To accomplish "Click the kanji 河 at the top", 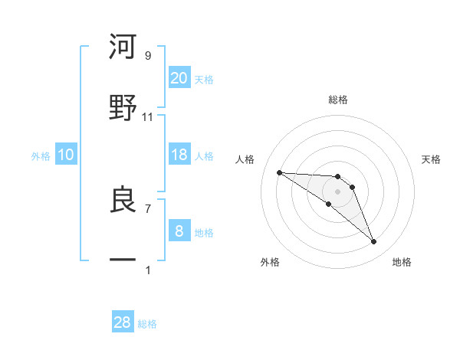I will click(123, 48).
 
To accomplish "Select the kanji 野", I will click(123, 108).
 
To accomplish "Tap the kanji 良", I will click(123, 201).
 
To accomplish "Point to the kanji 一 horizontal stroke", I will click(123, 260).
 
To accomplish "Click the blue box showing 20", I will click(179, 77).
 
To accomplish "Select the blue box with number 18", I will click(179, 155).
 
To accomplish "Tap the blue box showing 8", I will click(179, 231).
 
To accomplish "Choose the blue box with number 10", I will click(66, 155).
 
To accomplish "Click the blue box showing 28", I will click(123, 322).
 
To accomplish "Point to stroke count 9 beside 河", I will click(148, 56).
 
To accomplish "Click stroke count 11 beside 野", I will click(148, 117).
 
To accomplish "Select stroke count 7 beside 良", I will click(148, 208).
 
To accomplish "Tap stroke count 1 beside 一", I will click(148, 270).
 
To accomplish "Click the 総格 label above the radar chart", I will click(337, 100).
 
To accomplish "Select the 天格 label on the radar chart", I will click(432, 159).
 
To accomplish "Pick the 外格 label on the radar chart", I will click(270, 262).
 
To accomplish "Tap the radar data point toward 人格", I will click(279, 172).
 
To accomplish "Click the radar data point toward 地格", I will click(373, 242).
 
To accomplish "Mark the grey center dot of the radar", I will click(337, 191).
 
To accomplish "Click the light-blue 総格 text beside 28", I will click(147, 324).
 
